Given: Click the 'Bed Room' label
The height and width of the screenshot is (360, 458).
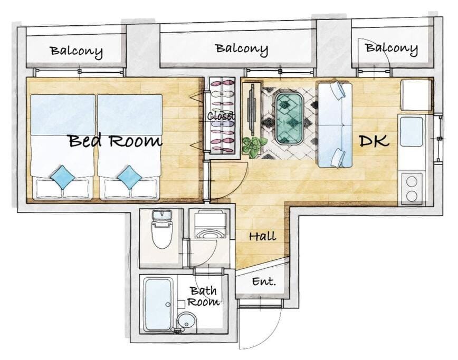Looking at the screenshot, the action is pos(116,141).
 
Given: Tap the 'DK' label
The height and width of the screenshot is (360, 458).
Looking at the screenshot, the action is pos(374,141).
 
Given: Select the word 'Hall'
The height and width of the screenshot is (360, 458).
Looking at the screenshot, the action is pos(263,236).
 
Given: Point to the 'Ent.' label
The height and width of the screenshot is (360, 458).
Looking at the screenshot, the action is pos(264,281).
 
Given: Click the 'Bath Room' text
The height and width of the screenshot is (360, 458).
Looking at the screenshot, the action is pos(204,296).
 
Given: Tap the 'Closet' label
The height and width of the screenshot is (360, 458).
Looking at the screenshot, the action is pos(221,116).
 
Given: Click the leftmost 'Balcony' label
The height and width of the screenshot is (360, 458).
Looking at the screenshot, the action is pos(77,51).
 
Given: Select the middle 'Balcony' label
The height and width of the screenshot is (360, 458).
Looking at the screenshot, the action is pos(242,49).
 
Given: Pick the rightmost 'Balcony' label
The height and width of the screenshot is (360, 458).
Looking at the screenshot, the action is pos(392,48).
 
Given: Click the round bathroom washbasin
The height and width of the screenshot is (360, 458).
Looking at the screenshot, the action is pos(187,320).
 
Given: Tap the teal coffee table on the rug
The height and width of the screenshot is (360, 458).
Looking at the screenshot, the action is pos(289,119).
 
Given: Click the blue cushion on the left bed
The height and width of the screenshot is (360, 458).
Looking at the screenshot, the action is pos(62,176).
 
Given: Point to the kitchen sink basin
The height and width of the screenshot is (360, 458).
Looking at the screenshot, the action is pos(411,132).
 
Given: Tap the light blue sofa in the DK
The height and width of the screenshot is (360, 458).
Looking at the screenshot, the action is pos(335,125).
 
